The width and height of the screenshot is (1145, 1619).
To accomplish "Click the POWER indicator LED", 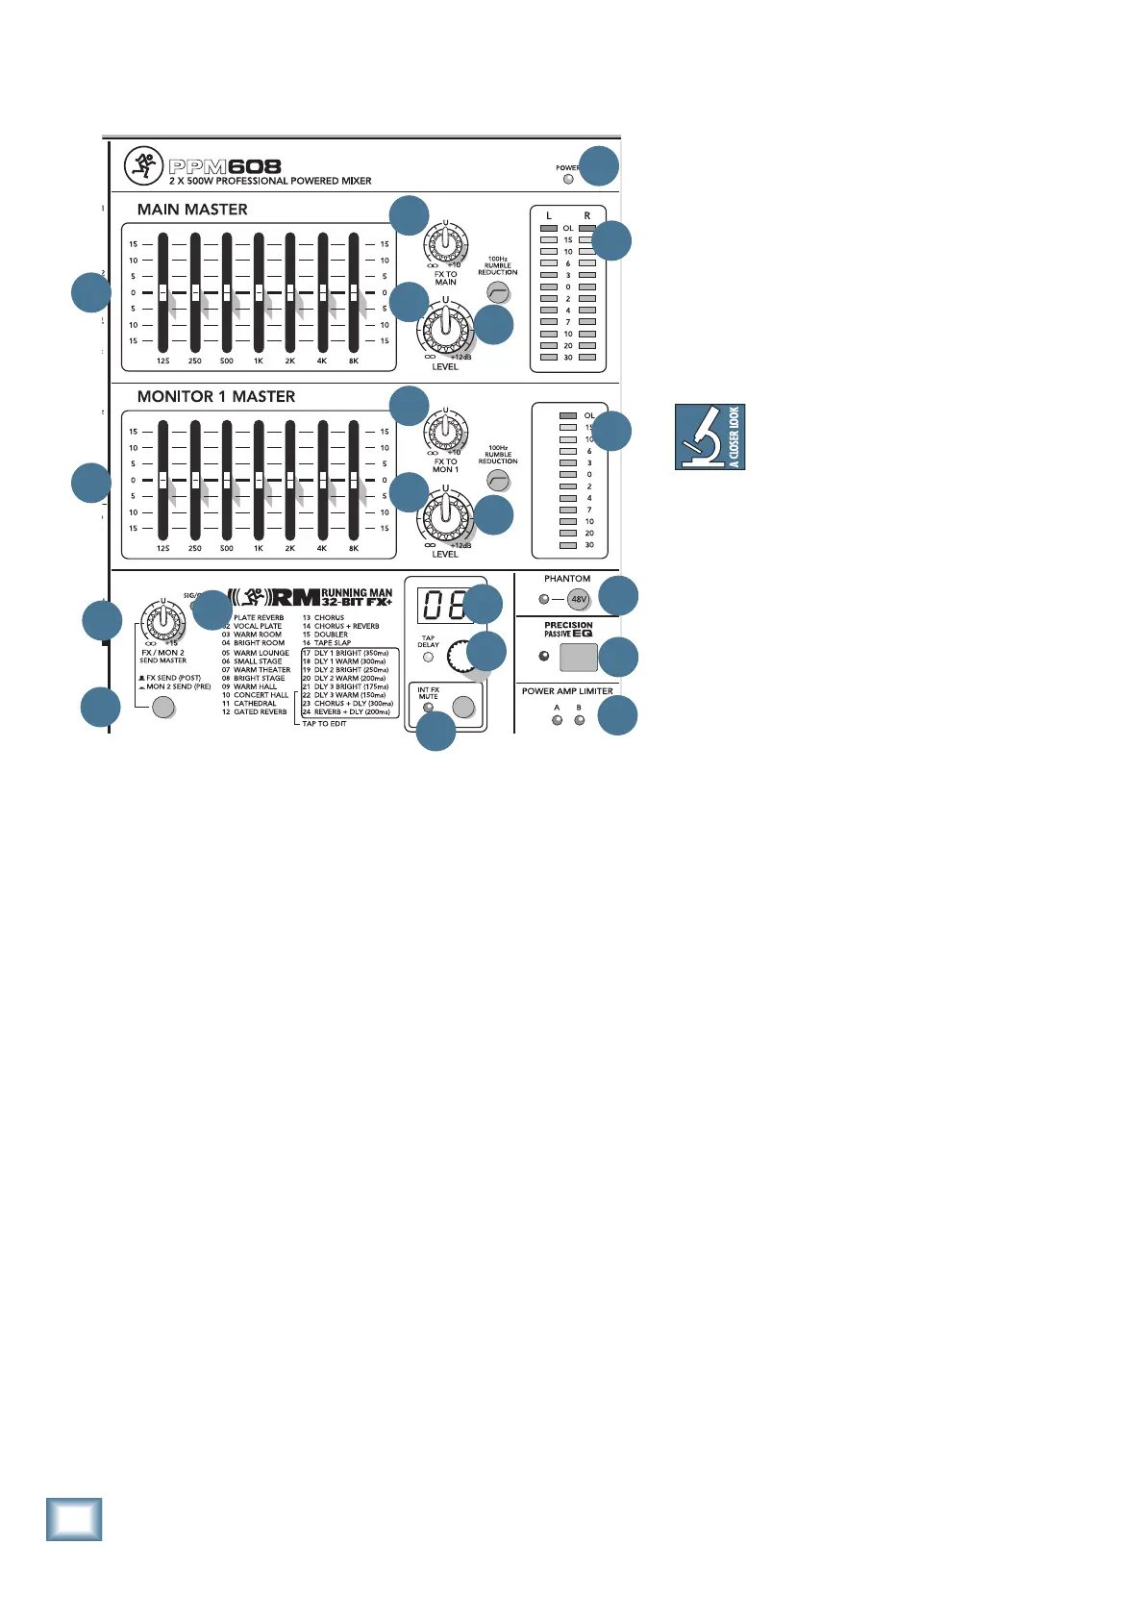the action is tap(568, 179).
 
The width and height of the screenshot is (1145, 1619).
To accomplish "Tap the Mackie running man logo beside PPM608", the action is tap(143, 166).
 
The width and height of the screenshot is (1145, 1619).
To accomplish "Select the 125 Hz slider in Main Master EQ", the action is tap(162, 292).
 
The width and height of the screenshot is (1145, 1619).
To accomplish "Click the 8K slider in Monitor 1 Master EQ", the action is tap(354, 480).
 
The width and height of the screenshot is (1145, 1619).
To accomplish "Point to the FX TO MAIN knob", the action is tap(445, 243).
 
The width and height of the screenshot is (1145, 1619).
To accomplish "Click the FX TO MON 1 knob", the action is tap(445, 432).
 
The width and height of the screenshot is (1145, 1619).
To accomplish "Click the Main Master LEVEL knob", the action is tap(444, 330).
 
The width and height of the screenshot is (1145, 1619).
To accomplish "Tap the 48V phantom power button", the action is tap(578, 599).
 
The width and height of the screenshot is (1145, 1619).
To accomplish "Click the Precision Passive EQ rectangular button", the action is tap(578, 657).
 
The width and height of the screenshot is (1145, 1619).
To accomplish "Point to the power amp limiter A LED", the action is tap(557, 720).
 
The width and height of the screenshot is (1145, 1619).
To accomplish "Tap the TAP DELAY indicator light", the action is tap(429, 658).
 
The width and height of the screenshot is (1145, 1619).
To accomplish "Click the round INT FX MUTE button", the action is tap(463, 708).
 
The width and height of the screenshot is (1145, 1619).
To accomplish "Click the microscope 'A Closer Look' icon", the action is tap(709, 436).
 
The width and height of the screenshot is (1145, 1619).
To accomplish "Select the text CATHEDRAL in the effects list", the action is tap(255, 704).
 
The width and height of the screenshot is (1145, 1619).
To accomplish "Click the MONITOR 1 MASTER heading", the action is tap(216, 396).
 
